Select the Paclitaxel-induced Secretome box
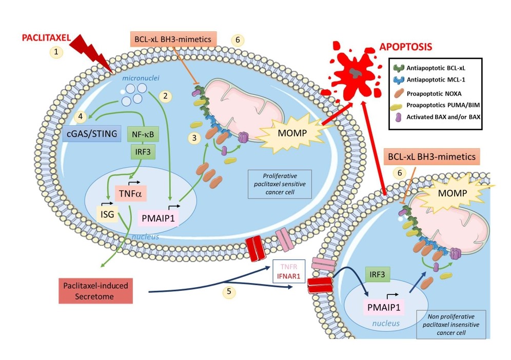pyautogui.click(x=96, y=290)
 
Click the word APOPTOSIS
pyautogui.click(x=406, y=47)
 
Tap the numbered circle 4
pyautogui.click(x=81, y=116)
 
